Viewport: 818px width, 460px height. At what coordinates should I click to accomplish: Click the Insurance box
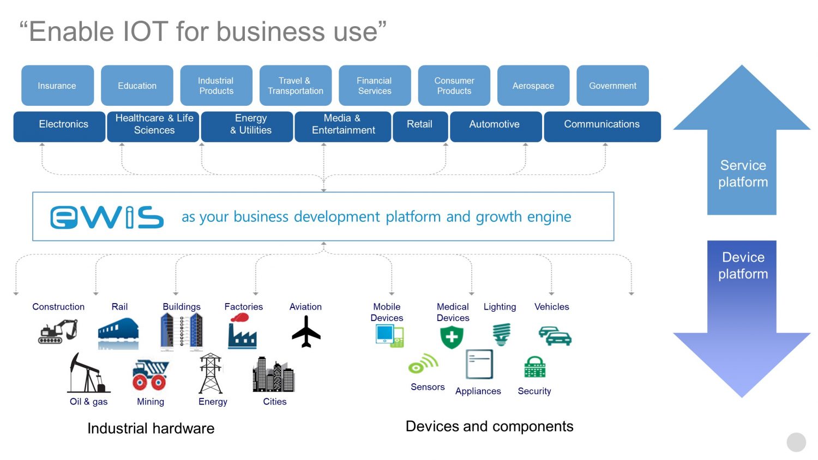[x=57, y=86]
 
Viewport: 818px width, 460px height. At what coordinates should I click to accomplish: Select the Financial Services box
[x=375, y=86]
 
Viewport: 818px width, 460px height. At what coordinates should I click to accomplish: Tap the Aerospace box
[x=533, y=86]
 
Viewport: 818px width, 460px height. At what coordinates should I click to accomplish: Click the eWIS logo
[x=107, y=217]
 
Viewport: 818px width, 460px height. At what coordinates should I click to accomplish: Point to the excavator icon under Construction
[x=58, y=331]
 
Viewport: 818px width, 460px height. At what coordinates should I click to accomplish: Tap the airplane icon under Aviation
[x=306, y=331]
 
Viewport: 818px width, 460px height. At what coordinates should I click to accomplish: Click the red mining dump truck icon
[x=150, y=375]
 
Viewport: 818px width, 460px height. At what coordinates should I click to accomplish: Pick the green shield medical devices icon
[x=452, y=337]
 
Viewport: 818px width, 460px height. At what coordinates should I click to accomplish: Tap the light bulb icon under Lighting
[x=501, y=334]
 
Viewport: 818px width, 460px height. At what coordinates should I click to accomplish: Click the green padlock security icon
[x=534, y=367]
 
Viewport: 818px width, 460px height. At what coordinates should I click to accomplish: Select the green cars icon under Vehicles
[x=555, y=336]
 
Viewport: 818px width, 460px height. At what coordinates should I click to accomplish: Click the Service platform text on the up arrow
[x=743, y=173]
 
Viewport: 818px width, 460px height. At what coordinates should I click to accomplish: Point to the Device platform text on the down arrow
[x=743, y=265]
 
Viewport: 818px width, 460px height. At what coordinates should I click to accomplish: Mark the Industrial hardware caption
[x=151, y=428]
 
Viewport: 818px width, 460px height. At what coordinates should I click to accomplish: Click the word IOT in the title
[x=146, y=32]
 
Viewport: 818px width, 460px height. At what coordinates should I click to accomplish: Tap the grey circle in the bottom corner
[x=796, y=442]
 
